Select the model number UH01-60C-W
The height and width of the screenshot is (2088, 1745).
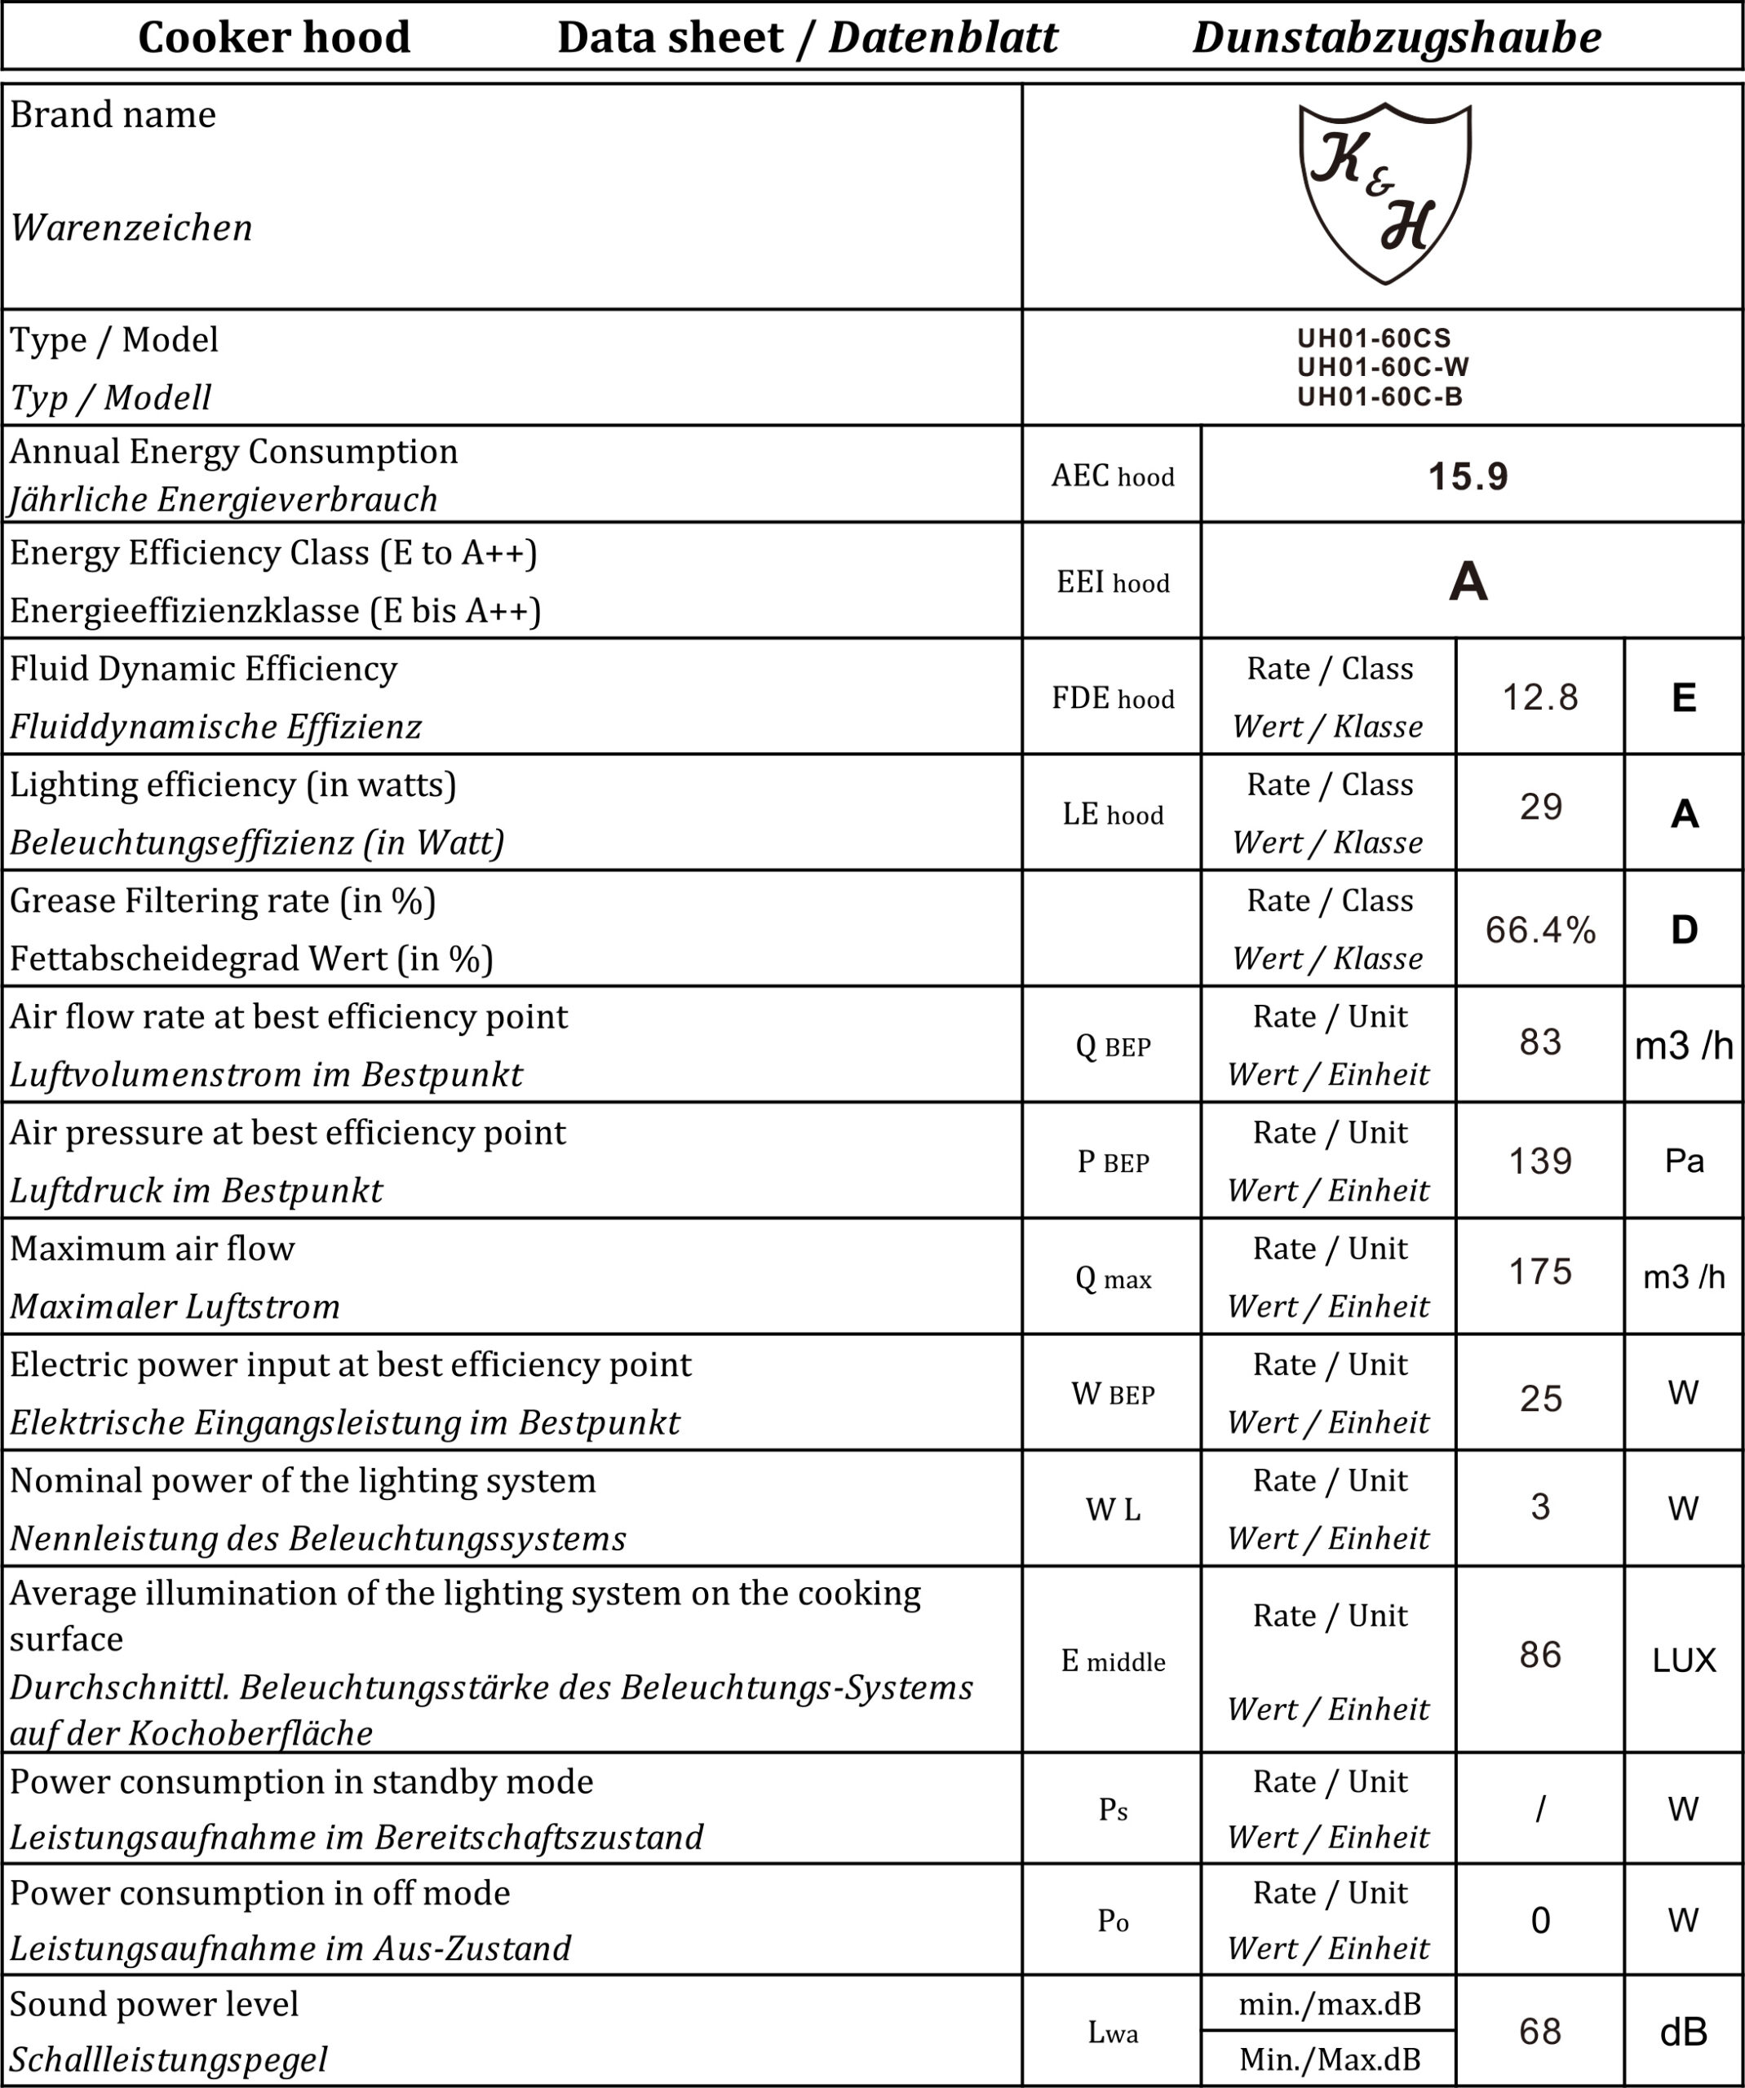pos(1382,367)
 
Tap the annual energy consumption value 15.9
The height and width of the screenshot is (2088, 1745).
pos(1468,476)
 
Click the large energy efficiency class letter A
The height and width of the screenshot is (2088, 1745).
pos(1468,582)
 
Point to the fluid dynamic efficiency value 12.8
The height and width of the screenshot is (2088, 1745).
pos(1539,698)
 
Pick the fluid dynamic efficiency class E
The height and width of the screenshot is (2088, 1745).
pos(1683,698)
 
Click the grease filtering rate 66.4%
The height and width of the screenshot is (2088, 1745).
pos(1539,930)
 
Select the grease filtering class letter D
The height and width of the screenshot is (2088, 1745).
pos(1683,930)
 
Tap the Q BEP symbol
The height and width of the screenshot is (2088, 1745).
pos(1113,1046)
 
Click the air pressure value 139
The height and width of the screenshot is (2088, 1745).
pos(1539,1161)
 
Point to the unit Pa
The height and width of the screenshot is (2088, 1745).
pos(1683,1161)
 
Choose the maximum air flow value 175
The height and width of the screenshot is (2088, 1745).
pos(1539,1272)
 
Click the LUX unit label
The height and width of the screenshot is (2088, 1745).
pos(1683,1661)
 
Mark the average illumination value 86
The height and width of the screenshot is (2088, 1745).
pos(1539,1654)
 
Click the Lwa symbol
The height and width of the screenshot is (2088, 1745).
pos(1113,2033)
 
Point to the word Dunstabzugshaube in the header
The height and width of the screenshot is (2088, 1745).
pos(1396,38)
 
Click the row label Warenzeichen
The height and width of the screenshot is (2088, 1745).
pos(131,228)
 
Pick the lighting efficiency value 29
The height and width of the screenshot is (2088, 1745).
pos(1539,807)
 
